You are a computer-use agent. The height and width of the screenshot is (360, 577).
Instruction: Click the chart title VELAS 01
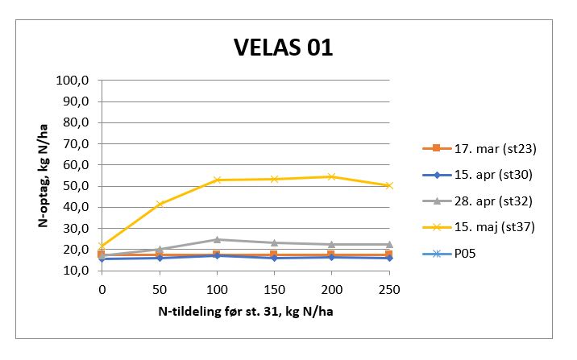[x=283, y=48]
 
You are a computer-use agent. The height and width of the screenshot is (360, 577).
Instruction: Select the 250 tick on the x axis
[x=389, y=288]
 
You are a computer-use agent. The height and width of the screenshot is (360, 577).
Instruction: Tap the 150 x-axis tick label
[x=274, y=288]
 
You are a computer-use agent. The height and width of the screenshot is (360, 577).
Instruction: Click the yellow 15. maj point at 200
[x=331, y=176]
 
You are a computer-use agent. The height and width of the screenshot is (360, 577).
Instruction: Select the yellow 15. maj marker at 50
[x=160, y=204]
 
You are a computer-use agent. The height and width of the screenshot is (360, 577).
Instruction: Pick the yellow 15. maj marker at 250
[x=389, y=185]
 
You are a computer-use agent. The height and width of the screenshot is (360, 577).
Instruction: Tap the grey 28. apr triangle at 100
[x=217, y=239]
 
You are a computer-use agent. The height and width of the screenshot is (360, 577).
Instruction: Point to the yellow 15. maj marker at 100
[x=217, y=180]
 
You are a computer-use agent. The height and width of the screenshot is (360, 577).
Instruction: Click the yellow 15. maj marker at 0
[x=102, y=246]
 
